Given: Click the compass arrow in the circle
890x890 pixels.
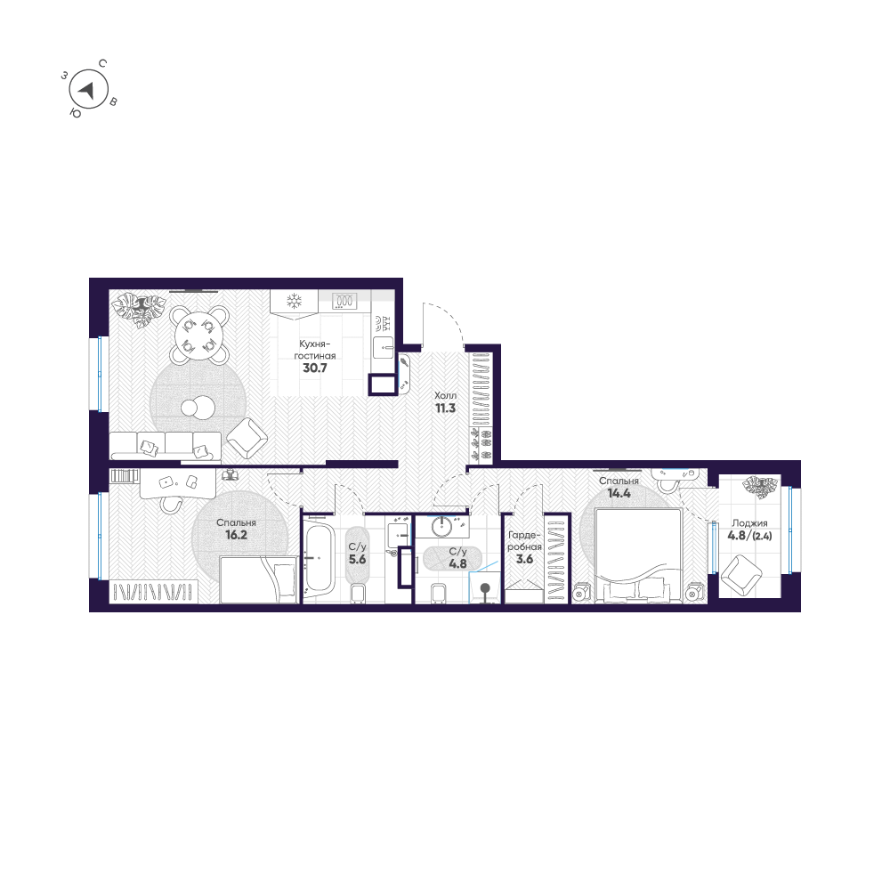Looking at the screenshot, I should click(x=86, y=89).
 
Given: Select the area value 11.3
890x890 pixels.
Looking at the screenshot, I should click(x=445, y=409).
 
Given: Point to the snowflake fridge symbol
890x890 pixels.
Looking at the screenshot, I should click(x=295, y=301).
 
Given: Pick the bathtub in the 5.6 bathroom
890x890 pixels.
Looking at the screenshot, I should click(x=319, y=560).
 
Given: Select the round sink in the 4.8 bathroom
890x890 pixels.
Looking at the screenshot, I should click(x=443, y=527).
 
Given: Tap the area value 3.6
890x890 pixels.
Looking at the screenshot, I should click(x=525, y=562).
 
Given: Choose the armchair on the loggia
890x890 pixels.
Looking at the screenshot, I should click(x=740, y=575).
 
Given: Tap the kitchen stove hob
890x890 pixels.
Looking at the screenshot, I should click(x=344, y=301).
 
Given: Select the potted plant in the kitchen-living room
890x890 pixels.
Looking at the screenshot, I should click(x=139, y=308).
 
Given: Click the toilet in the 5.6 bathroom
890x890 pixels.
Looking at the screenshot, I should click(x=360, y=594).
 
